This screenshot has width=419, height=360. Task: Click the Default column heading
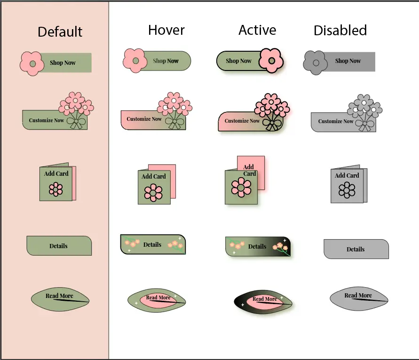tap(60, 32)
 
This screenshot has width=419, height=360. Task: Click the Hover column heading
tap(166, 30)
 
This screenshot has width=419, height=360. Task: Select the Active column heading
tap(257, 30)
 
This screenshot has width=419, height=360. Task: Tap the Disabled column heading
tap(340, 30)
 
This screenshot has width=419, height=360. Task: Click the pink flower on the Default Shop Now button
tap(32, 63)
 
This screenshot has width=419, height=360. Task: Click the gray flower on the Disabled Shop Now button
tap(316, 63)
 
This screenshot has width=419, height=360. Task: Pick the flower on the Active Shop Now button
tap(271, 61)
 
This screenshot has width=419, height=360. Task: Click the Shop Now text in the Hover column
tap(166, 61)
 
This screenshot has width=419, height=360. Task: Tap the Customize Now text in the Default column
tap(46, 120)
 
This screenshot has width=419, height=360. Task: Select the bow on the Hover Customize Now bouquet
tap(175, 123)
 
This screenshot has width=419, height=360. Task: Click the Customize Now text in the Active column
tap(242, 121)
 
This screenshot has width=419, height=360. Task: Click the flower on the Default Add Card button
tap(56, 189)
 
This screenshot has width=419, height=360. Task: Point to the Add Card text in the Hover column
tap(154, 176)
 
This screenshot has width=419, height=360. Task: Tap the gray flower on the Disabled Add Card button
tap(347, 190)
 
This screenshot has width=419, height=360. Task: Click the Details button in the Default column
tap(59, 246)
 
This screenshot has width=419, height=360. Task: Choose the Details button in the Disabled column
tap(356, 249)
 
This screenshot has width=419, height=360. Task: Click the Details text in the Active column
tap(257, 246)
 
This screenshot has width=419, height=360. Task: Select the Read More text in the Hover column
tap(158, 297)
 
